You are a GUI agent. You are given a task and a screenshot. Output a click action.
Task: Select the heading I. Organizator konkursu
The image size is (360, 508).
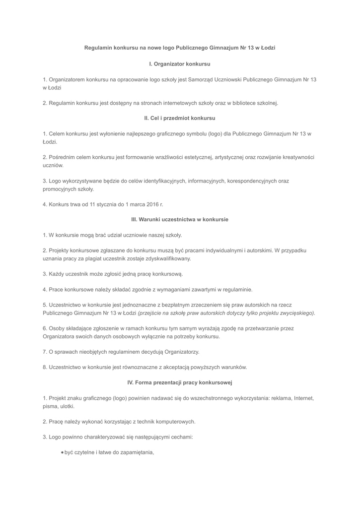(180, 64)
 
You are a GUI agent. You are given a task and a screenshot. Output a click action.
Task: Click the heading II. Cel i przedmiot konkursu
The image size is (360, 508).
(180, 118)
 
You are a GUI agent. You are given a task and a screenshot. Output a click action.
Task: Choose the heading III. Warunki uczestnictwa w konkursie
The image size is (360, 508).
(180, 219)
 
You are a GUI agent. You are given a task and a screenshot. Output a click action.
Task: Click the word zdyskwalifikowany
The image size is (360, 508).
(167, 258)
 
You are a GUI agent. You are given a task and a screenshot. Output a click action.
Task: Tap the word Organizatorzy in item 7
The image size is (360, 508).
(182, 352)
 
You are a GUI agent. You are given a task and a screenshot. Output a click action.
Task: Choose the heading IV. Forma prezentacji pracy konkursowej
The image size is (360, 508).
(180, 382)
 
